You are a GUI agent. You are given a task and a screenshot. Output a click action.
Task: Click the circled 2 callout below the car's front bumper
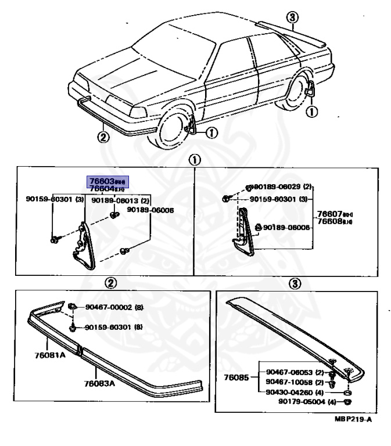point(102,138)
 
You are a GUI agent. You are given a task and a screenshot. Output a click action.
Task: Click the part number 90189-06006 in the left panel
point(150,210)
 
